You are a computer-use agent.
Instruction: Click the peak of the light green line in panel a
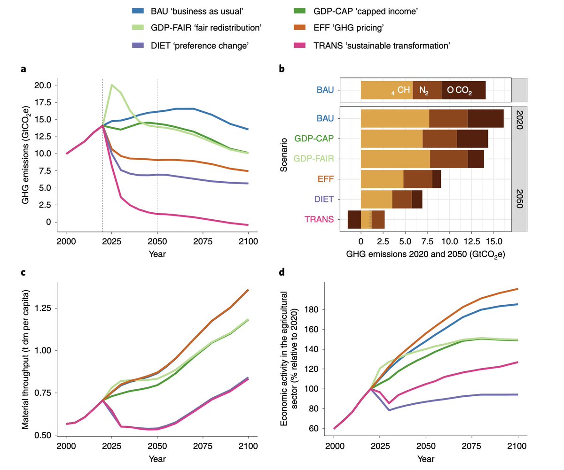pyautogui.click(x=111, y=85)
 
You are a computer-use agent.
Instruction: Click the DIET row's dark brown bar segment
pyautogui.click(x=417, y=200)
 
